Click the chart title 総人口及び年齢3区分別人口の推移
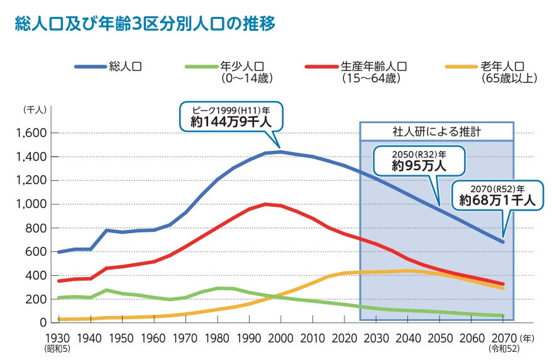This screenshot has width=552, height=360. point(145,25)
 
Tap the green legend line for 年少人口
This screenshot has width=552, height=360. point(201,66)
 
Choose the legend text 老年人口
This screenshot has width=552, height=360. point(502,66)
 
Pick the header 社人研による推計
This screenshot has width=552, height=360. point(437,132)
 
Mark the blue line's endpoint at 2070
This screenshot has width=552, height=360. point(502,242)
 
